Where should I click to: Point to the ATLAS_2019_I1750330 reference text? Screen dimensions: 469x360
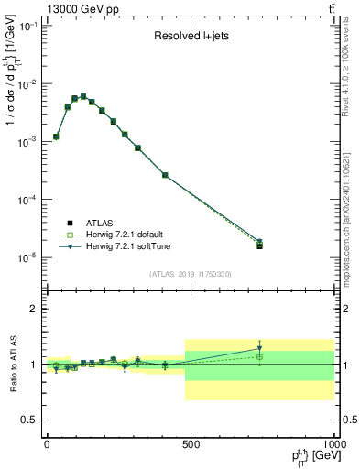[x=191, y=274]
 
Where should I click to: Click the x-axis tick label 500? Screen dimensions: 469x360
[x=191, y=444]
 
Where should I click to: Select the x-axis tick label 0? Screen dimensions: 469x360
[x=47, y=444]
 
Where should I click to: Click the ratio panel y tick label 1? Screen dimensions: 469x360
[x=34, y=365]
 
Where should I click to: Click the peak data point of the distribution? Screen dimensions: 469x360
[x=83, y=96]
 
